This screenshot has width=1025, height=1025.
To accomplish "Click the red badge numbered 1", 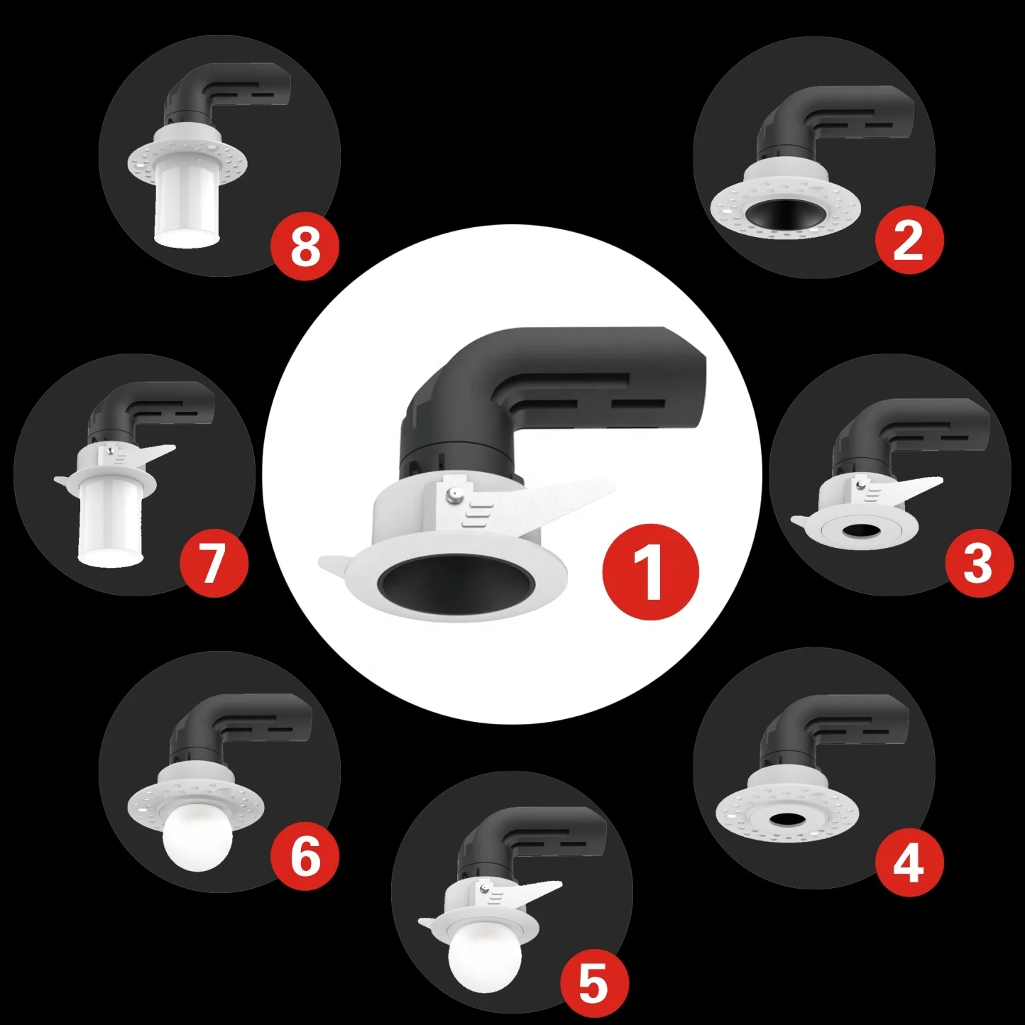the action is pos(650,573).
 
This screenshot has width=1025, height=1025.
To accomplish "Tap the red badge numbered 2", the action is pos(909,243).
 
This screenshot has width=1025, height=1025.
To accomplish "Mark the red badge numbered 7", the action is pos(213,564).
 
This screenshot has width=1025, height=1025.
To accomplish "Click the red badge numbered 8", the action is pos(305,247).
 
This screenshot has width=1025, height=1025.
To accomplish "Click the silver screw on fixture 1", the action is pos(452,494).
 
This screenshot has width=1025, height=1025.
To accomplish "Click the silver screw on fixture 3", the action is pos(860,483).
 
